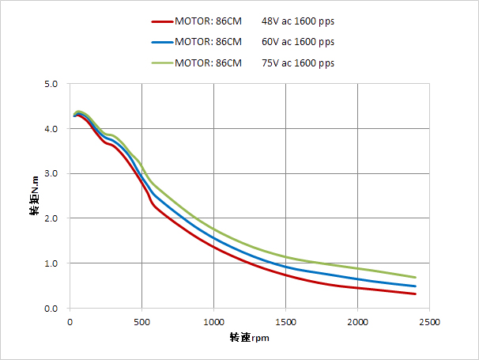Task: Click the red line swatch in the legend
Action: tap(161, 21)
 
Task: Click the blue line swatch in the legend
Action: tap(161, 41)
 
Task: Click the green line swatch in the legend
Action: tap(161, 62)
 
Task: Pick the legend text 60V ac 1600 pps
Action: tap(297, 41)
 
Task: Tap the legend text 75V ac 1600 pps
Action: tap(297, 62)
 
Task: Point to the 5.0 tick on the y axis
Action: tap(52, 84)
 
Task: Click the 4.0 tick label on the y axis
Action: tap(52, 129)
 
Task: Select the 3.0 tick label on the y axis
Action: tap(52, 173)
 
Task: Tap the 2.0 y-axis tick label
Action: tap(52, 218)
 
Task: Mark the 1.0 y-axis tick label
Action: tap(52, 263)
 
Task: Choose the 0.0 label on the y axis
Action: tap(52, 309)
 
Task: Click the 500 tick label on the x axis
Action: tap(142, 322)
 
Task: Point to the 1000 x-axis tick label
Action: tap(214, 322)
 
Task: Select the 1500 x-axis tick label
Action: tap(286, 322)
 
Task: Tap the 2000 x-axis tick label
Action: tap(358, 322)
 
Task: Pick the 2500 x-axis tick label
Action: tap(430, 322)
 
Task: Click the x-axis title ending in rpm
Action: tap(249, 338)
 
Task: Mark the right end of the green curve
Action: tap(416, 277)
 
